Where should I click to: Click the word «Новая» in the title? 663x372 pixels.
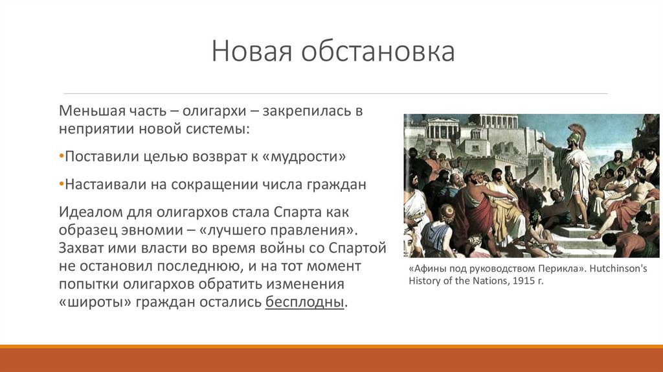tap(252, 52)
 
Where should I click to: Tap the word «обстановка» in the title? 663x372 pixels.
tap(378, 52)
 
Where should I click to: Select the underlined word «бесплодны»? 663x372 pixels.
tap(304, 302)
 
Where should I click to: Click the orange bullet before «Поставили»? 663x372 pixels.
tap(62, 157)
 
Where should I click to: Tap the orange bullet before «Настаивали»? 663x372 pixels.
tap(62, 185)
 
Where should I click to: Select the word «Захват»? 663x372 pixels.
tap(80, 248)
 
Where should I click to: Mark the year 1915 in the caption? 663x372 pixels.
tap(523, 281)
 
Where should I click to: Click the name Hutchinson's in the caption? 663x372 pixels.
tap(618, 269)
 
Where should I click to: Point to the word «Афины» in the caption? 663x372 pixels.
tap(427, 269)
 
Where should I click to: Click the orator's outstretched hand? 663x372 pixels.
tap(540, 139)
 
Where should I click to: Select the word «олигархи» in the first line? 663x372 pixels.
tap(214, 111)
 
